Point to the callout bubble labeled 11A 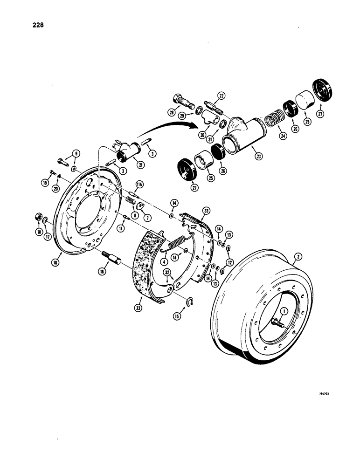[139, 183]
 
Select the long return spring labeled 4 [174, 242]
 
